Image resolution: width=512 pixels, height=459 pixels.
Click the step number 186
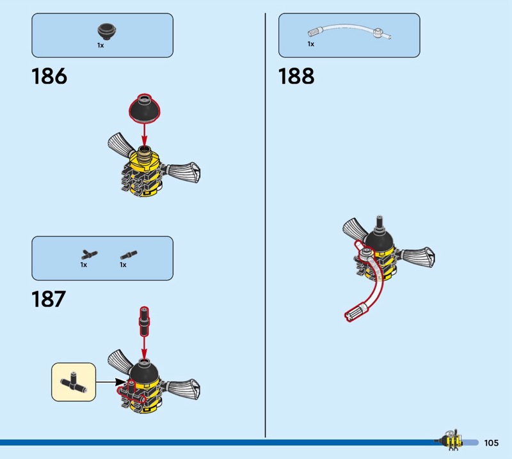[x=49, y=76]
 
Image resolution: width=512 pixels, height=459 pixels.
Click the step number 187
[x=49, y=299]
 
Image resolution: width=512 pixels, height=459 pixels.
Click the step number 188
[x=296, y=76]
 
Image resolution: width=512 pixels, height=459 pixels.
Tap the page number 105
[x=492, y=443]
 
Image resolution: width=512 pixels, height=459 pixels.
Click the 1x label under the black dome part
[x=100, y=45]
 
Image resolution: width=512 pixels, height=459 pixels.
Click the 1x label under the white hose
[x=311, y=44]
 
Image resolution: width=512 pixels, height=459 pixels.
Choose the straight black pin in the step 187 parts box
[x=126, y=254]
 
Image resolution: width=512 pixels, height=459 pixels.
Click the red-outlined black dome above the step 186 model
[x=144, y=107]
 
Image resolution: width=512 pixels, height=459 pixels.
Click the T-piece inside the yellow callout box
[x=73, y=382]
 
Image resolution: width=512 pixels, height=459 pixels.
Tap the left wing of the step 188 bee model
[x=356, y=230]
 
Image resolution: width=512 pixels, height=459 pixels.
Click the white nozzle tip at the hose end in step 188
[x=354, y=313]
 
